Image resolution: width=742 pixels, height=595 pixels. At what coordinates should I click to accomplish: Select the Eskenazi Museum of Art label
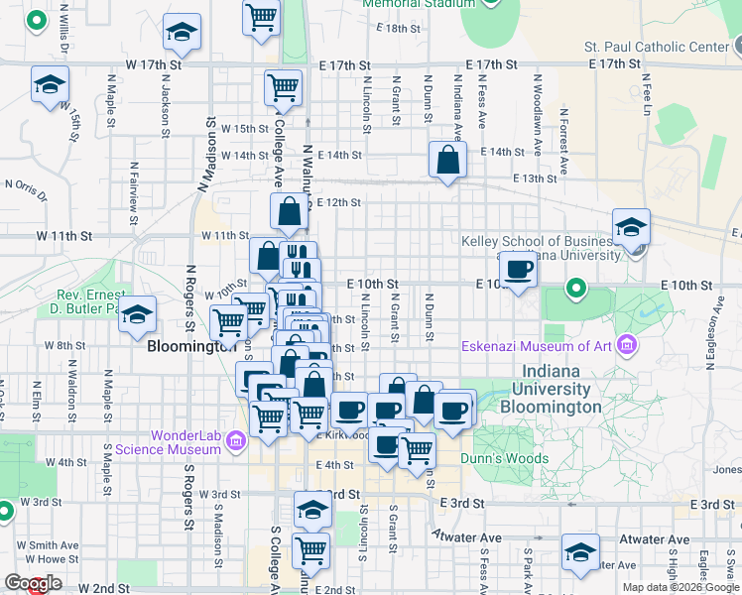click(x=537, y=346)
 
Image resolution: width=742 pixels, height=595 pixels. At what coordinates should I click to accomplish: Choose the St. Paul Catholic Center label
click(x=656, y=47)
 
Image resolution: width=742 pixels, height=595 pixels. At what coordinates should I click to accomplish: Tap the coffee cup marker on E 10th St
click(x=518, y=269)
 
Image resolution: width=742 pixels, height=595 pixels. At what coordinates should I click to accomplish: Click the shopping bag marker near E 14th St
click(x=448, y=160)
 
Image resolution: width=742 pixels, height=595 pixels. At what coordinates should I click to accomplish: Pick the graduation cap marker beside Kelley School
click(x=631, y=228)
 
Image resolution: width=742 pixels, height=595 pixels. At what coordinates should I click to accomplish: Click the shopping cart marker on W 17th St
click(x=283, y=87)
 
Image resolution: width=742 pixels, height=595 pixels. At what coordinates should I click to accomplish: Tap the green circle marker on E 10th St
click(x=575, y=290)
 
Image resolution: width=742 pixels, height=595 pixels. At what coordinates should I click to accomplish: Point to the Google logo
click(x=34, y=584)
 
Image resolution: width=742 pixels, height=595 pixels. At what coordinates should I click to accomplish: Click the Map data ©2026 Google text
click(x=680, y=587)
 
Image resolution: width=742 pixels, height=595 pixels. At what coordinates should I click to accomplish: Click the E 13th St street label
click(x=535, y=178)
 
